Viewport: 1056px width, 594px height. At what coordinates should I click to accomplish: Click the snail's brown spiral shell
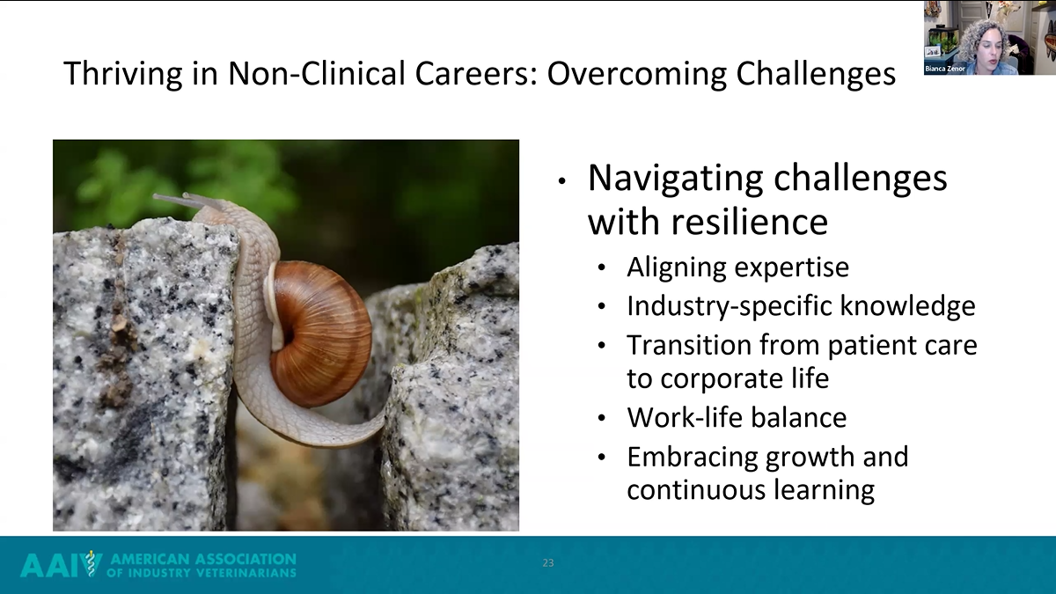[321, 333]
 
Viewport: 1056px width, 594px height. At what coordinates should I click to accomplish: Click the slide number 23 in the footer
[548, 563]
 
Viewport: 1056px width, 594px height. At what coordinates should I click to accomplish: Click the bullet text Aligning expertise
[737, 267]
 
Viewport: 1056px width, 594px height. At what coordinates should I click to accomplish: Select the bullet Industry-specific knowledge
[801, 305]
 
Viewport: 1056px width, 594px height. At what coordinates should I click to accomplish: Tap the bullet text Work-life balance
[736, 417]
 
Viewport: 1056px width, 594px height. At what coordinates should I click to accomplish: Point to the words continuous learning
[750, 489]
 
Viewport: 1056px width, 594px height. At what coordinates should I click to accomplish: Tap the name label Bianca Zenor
[945, 69]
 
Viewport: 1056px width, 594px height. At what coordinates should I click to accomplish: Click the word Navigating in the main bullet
[676, 178]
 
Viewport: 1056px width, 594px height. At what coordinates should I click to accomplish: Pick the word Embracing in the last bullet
[692, 457]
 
